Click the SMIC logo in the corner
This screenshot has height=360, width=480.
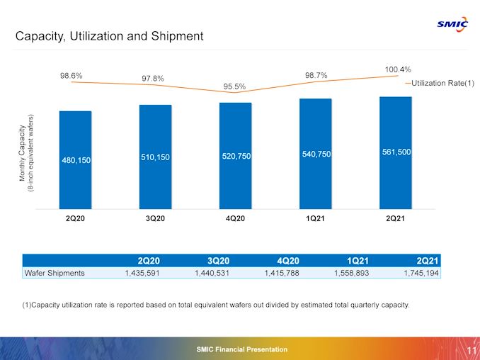(x=452, y=23)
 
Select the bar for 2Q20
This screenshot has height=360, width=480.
(x=75, y=159)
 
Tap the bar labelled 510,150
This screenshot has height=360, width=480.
(x=155, y=157)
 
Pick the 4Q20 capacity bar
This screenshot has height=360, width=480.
(x=236, y=156)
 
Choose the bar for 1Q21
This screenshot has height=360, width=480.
(x=316, y=154)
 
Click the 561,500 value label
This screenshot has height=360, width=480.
(x=396, y=152)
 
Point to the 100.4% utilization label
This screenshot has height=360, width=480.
(x=398, y=69)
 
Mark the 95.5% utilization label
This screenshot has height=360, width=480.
(x=234, y=87)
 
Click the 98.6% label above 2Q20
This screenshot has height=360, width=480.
(x=72, y=74)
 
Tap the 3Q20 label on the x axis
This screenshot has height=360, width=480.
(x=155, y=218)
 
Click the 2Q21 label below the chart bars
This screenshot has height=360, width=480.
(x=396, y=218)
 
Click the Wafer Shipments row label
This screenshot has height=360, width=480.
(x=55, y=272)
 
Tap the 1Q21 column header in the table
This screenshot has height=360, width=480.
(x=355, y=259)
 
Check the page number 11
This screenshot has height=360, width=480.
(x=471, y=349)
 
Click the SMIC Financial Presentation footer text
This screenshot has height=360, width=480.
(x=242, y=349)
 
